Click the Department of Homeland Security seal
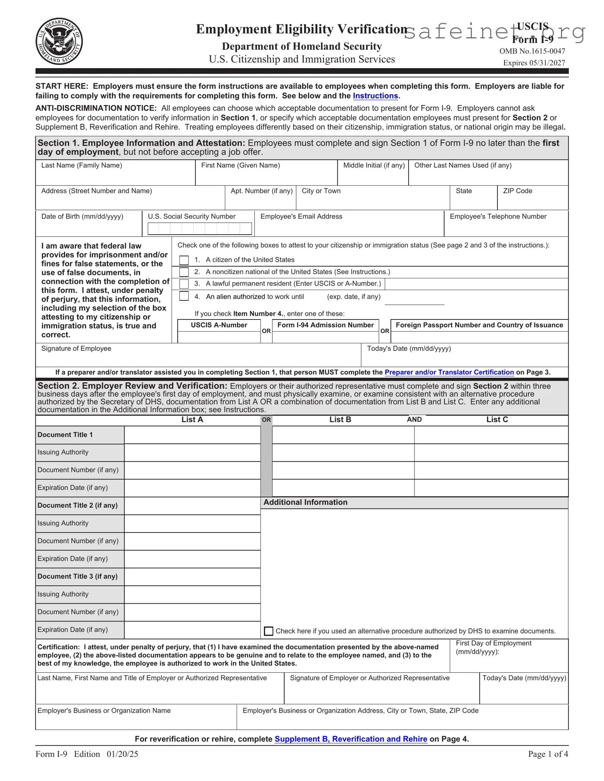(59, 41)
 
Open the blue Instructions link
(375, 96)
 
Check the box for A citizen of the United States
(184, 260)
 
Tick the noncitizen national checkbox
(184, 272)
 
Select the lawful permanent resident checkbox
(184, 284)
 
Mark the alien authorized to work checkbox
(184, 296)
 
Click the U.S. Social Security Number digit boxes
(199, 229)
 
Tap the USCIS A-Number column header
(219, 325)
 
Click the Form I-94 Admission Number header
(325, 325)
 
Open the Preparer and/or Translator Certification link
(449, 372)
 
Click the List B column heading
(340, 420)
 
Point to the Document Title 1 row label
(65, 435)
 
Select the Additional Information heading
(305, 502)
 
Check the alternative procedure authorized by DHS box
(269, 631)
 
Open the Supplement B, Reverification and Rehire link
(351, 739)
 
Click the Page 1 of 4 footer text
(548, 754)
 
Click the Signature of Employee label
(76, 348)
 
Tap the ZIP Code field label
(517, 191)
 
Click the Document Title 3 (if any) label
(78, 576)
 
